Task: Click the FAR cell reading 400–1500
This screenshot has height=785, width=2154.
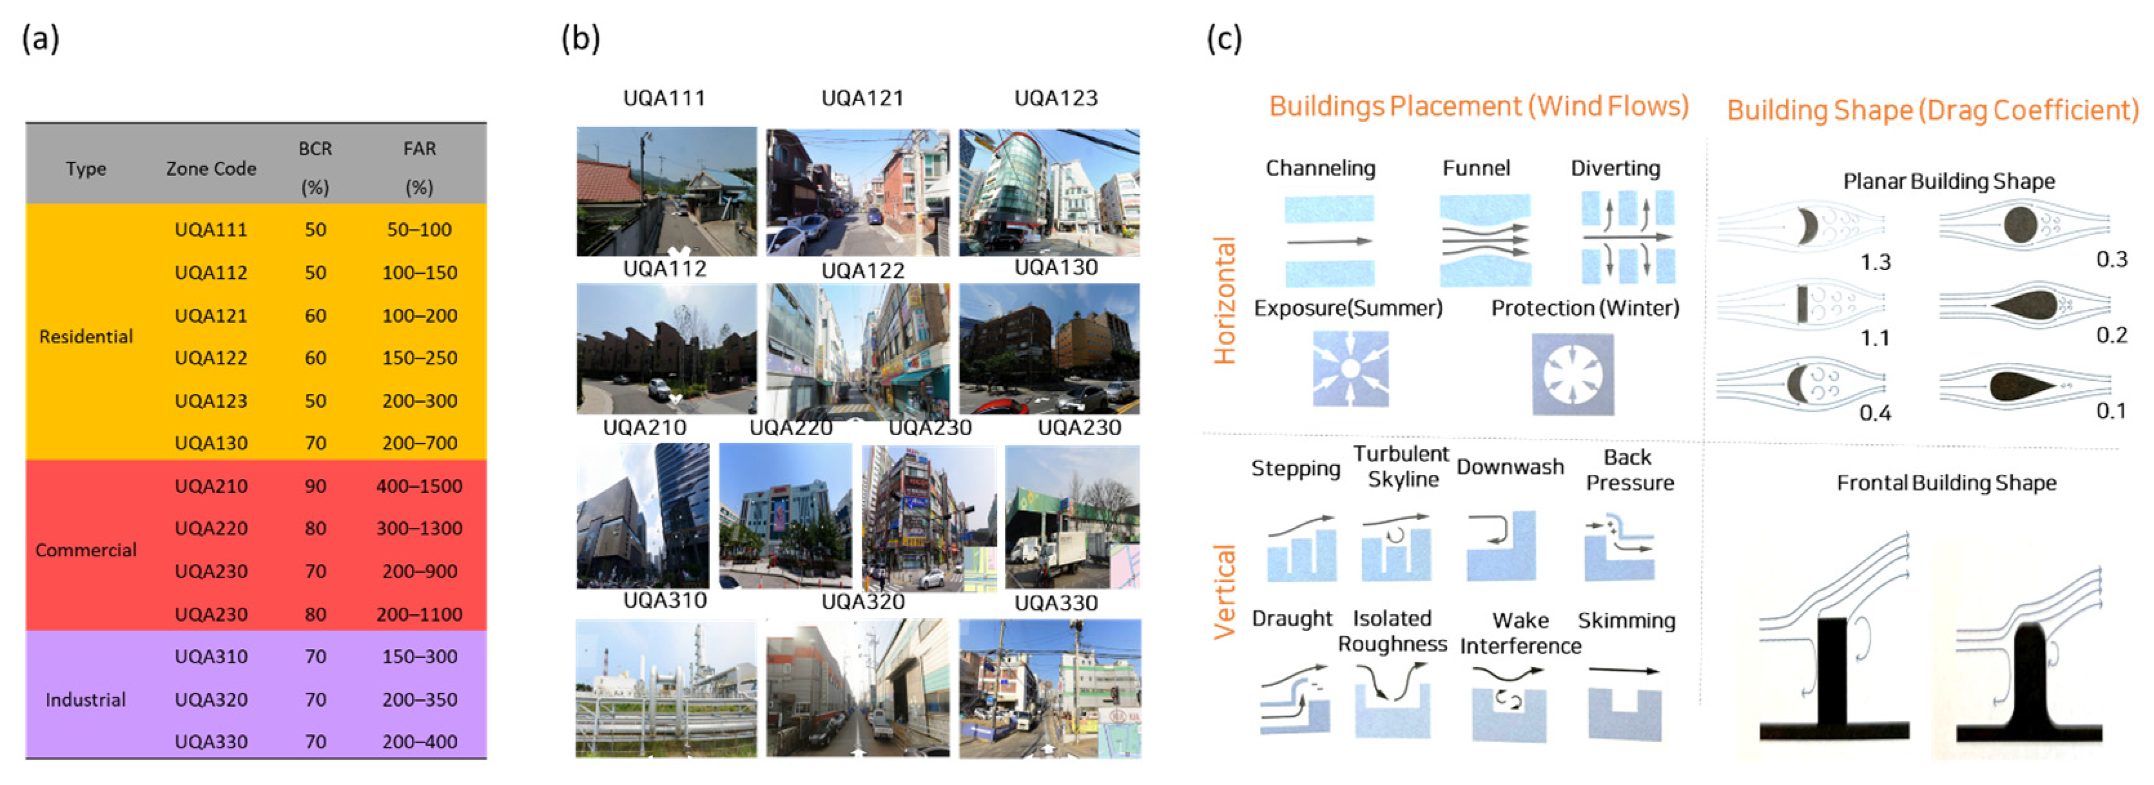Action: pos(419,486)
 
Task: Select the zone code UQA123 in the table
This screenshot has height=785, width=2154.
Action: pos(211,400)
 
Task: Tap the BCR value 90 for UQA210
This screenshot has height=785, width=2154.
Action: pos(315,486)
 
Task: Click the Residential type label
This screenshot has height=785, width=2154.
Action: pos(86,336)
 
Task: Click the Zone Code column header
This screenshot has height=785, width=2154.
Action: pos(211,168)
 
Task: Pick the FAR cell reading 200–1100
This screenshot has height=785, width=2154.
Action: pos(419,614)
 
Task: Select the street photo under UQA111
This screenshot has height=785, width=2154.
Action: pos(666,191)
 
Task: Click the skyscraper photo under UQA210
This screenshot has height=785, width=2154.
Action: pos(642,516)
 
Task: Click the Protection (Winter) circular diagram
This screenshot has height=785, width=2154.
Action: pos(1572,374)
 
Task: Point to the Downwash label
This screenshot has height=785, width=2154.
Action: pos(1509,467)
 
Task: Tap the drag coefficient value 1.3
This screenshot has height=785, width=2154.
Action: pos(1875,262)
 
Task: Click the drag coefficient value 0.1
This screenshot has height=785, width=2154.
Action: pos(2111,411)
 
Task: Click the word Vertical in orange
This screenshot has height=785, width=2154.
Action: pos(1224,591)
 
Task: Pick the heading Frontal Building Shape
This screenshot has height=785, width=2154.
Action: pos(1946,482)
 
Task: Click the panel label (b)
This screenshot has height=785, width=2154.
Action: pos(580,39)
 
